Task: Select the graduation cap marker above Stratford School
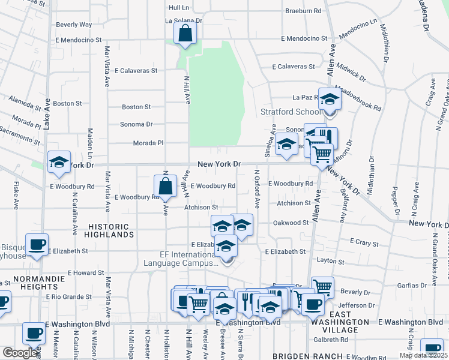point(330,98)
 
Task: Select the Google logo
point(20,353)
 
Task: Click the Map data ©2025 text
point(423,355)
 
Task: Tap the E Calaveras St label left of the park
point(136,70)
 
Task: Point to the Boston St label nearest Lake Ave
point(67,103)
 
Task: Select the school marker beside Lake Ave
point(59,162)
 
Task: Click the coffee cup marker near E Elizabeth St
point(37,245)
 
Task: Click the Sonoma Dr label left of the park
point(136,124)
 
